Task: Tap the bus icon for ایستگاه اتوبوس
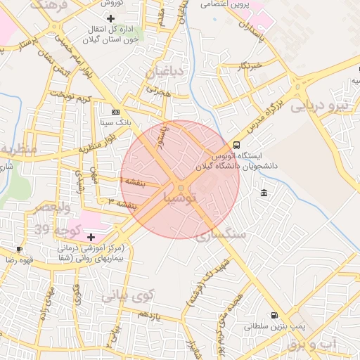click(x=236, y=145)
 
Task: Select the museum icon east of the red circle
click(x=264, y=193)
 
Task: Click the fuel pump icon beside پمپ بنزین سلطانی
click(x=274, y=316)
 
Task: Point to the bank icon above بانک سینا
click(x=115, y=112)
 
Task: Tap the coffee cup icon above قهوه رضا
click(x=19, y=249)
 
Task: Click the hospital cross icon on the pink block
click(x=91, y=237)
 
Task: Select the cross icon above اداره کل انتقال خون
click(x=110, y=17)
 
